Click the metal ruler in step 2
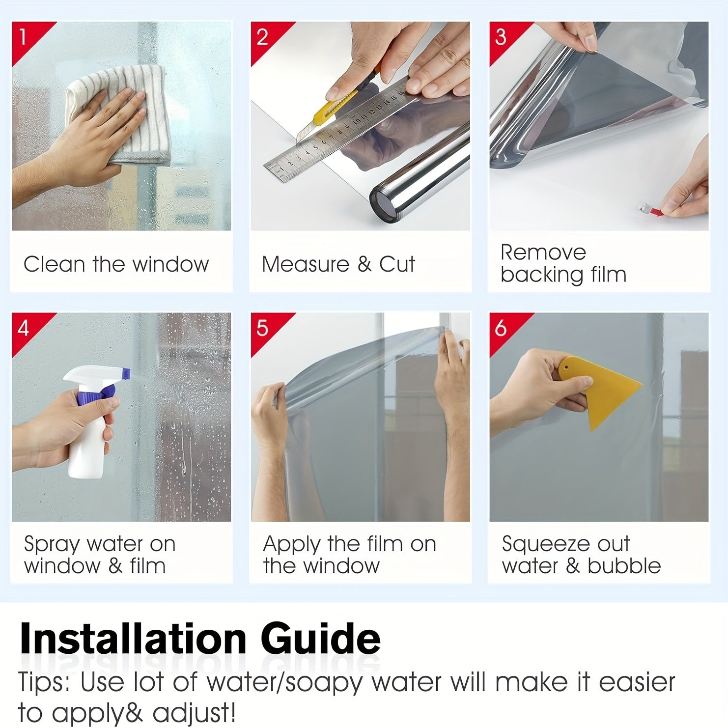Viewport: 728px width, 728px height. pyautogui.click(x=334, y=135)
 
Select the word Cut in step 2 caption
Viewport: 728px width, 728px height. pyautogui.click(x=397, y=264)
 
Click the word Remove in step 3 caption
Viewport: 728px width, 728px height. pyautogui.click(x=543, y=252)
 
